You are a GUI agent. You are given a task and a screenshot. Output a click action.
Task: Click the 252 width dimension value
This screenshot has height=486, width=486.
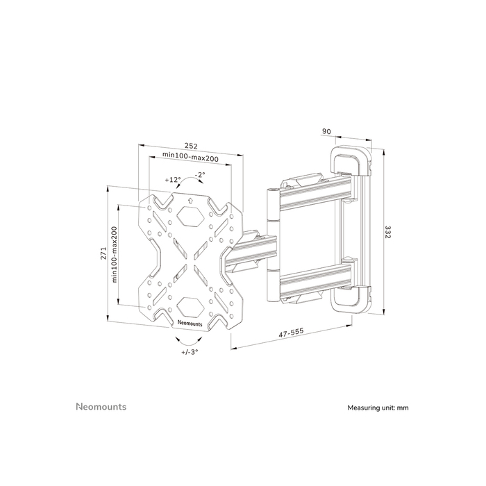pos(191,146)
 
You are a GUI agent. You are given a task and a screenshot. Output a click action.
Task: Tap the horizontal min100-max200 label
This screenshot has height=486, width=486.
pos(190,158)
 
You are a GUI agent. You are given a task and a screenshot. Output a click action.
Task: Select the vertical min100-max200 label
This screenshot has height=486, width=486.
pos(115,253)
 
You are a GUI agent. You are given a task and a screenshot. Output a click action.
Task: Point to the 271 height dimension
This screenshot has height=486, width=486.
pos(102,253)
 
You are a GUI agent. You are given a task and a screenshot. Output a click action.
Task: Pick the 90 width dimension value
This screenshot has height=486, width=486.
pos(326,131)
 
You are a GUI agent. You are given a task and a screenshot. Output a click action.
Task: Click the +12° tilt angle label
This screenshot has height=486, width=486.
pos(173,179)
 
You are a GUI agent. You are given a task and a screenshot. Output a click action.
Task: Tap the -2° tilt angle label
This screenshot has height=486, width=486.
pos(200,174)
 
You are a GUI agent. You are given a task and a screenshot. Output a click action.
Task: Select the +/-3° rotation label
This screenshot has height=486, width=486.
pos(190,352)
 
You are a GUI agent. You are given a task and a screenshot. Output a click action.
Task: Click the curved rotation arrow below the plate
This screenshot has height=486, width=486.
pos(190,341)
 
